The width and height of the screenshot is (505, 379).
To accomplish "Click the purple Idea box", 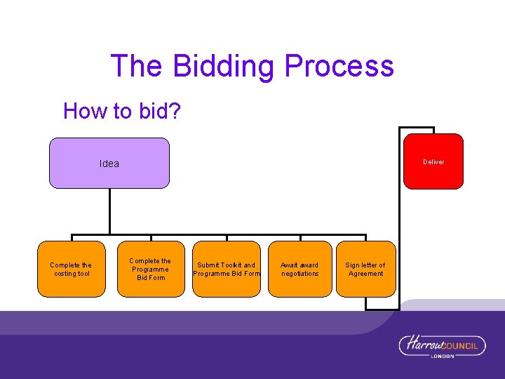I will (x=109, y=163).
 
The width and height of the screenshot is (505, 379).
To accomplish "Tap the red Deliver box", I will (x=433, y=161).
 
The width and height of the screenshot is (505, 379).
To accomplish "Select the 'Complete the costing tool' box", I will (x=71, y=269).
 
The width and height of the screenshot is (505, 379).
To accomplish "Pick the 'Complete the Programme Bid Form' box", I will (x=150, y=269).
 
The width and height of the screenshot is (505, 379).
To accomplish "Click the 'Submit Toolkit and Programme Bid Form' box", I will (x=226, y=269).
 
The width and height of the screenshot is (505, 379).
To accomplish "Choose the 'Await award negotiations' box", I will (x=299, y=269).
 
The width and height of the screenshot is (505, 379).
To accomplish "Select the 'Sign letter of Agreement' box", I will (x=365, y=269).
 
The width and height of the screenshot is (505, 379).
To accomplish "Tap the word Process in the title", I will (x=339, y=66).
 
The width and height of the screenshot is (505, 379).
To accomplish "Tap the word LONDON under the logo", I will (x=442, y=356).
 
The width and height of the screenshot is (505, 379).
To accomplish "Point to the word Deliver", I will (x=433, y=162).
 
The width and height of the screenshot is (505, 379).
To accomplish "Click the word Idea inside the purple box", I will (x=109, y=164).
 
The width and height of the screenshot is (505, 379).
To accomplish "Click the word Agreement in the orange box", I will (x=366, y=274).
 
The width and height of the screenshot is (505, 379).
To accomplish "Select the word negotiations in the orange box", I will (x=299, y=274).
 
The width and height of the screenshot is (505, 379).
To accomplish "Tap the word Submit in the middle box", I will (x=208, y=265).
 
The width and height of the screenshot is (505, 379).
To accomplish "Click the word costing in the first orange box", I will (x=65, y=274).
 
